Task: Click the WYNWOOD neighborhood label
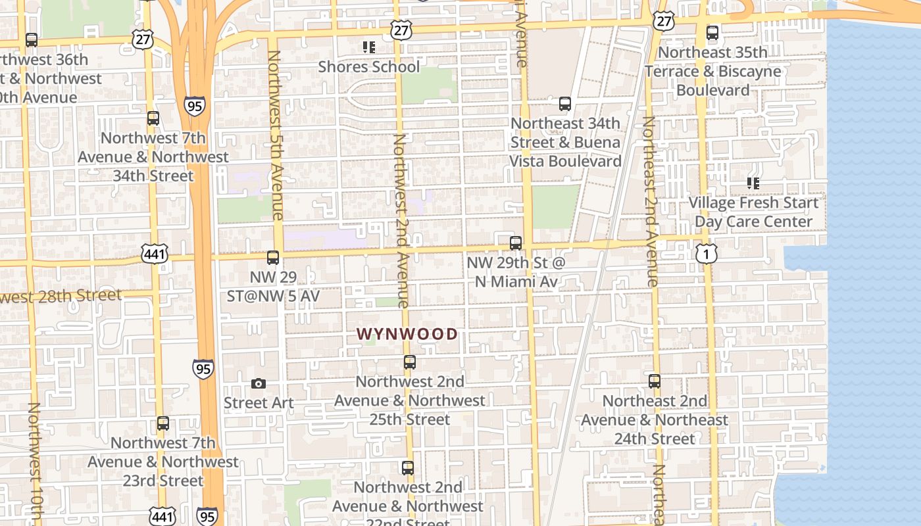(x=407, y=334)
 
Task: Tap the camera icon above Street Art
(x=259, y=383)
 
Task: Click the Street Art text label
(x=259, y=402)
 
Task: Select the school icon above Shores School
(x=368, y=47)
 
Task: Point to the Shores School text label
(x=368, y=66)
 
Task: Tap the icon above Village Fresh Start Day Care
(x=753, y=183)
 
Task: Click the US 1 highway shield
(x=706, y=252)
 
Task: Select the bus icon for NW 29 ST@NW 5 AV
(x=273, y=258)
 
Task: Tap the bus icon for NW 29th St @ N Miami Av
(x=516, y=243)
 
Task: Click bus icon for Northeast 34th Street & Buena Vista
(x=564, y=104)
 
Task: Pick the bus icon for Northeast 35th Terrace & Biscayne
(x=712, y=33)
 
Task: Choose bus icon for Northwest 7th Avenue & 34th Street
(x=153, y=119)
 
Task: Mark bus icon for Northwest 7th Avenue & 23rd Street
(x=162, y=424)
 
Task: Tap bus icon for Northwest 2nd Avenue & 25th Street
(x=409, y=362)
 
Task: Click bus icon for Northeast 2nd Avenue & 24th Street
(x=654, y=381)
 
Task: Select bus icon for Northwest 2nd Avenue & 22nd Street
(x=408, y=468)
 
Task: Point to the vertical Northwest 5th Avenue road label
(x=276, y=135)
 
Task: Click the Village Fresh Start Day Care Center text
(x=753, y=212)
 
